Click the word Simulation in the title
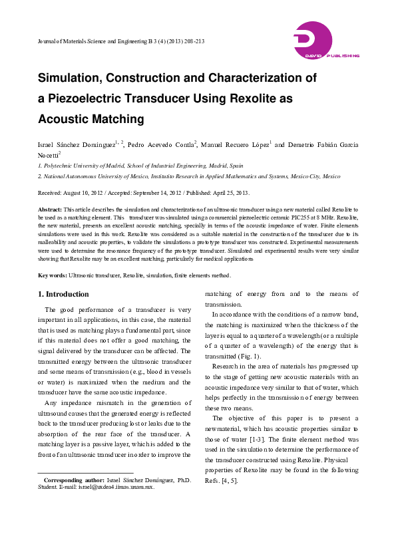pos(73,78)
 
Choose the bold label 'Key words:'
pos(53,275)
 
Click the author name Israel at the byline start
pos(47,145)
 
